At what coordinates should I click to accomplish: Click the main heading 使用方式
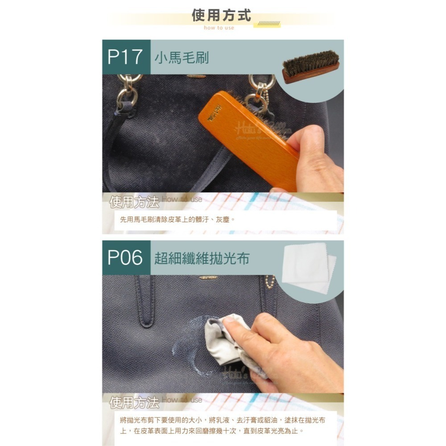[221, 15]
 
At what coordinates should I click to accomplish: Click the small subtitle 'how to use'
[219, 28]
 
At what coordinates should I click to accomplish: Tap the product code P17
[125, 57]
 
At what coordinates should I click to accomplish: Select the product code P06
[125, 258]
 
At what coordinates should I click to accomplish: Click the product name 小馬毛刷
[182, 58]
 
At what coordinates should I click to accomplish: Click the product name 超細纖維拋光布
[202, 258]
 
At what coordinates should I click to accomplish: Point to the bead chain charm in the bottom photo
[269, 281]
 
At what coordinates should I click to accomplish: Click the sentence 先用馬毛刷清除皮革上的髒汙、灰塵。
[177, 220]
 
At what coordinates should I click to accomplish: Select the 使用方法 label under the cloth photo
[134, 403]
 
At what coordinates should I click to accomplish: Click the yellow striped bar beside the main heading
[267, 24]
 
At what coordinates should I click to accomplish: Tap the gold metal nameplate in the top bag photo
[196, 76]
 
